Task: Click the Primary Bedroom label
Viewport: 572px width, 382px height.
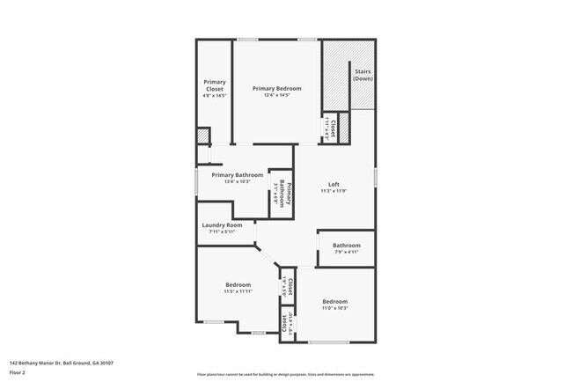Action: [x=276, y=88]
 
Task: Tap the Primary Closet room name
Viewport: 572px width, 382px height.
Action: [x=215, y=85]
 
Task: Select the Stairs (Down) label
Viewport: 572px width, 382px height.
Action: [x=363, y=75]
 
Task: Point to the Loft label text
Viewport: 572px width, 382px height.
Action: [x=334, y=184]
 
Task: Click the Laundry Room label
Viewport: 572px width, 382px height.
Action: [x=222, y=224]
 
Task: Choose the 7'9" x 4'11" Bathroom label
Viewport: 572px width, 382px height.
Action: [x=346, y=245]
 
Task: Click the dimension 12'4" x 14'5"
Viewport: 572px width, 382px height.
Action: [x=276, y=95]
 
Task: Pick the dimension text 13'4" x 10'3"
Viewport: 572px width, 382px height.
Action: [x=238, y=181]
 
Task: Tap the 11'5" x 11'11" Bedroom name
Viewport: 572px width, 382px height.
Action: [x=238, y=284]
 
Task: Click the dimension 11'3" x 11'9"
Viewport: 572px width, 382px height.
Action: [x=334, y=191]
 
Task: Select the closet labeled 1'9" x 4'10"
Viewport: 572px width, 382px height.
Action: [x=285, y=323]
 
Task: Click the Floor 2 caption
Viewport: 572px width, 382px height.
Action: [x=18, y=371]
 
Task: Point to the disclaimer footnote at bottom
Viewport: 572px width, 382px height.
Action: [x=285, y=374]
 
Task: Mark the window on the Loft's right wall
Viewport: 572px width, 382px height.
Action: [x=375, y=175]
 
